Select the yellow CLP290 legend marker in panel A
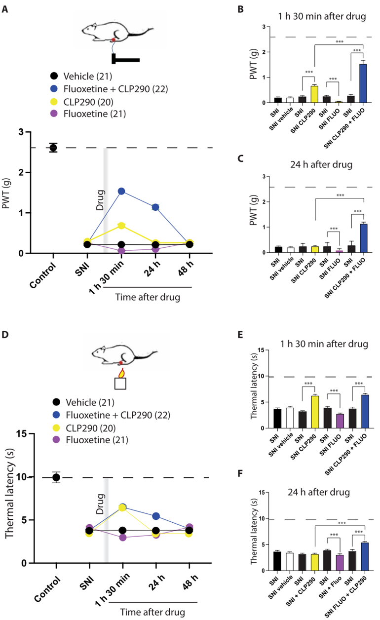click(x=54, y=101)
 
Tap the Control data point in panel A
click(x=53, y=148)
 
